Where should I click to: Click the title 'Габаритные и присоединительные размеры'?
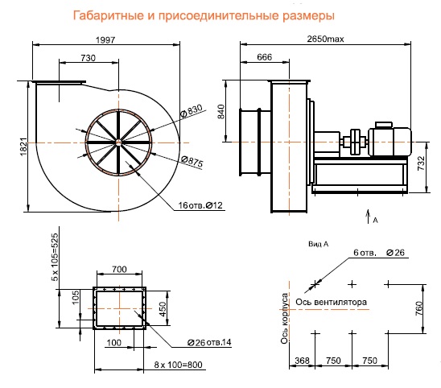(202, 15)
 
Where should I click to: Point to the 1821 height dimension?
(24, 145)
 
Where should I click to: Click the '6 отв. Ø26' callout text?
(378, 254)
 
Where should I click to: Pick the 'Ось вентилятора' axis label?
(332, 303)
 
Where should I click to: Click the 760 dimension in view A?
(418, 308)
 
